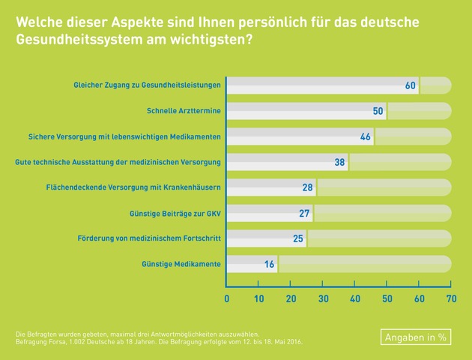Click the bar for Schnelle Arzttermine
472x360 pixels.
306,112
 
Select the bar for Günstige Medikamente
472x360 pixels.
252,264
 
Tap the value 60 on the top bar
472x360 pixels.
410,85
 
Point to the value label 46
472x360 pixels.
366,137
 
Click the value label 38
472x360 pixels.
339,162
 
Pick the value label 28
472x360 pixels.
307,187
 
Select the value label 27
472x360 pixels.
304,213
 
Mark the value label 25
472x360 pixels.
297,238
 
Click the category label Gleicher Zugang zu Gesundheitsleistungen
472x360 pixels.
147,85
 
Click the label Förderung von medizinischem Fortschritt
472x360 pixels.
149,238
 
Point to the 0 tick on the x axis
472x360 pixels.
227,299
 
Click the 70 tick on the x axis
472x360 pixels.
451,299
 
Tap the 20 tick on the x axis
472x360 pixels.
291,299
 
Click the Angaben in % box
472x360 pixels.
415,337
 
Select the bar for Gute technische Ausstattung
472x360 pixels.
288,162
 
